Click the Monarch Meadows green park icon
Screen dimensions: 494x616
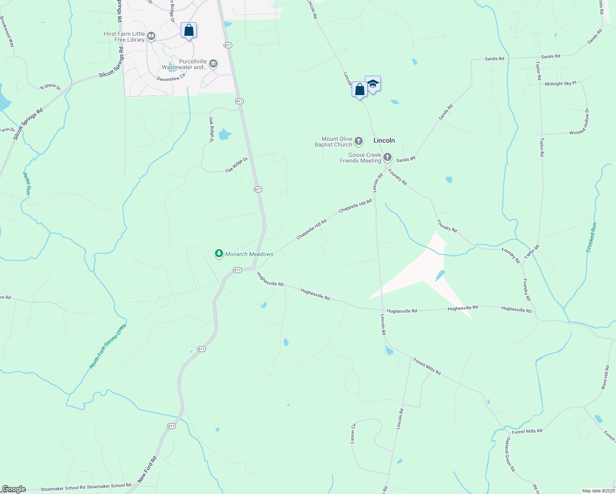coord(219,254)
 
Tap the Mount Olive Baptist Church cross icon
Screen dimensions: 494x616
coord(359,142)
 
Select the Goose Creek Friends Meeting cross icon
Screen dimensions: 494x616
coord(387,157)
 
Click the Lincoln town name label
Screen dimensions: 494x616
coord(384,140)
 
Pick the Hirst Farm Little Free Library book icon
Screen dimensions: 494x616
coord(151,37)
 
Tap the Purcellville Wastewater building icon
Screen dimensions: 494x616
coord(213,63)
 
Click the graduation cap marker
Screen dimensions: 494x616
coord(373,84)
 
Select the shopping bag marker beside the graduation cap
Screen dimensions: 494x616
coord(359,90)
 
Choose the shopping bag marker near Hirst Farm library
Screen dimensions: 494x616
coord(189,30)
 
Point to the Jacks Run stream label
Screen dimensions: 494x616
coord(27,183)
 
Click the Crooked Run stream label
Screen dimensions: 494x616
coord(591,237)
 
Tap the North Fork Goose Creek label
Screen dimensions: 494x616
coord(108,346)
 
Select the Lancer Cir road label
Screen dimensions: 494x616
coord(353,433)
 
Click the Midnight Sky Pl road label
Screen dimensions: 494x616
coord(560,84)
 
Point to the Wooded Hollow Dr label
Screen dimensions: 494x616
coord(579,121)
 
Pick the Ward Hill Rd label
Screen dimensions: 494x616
coord(604,377)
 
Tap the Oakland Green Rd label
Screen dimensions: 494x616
coord(510,454)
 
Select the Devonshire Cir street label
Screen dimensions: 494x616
coord(171,77)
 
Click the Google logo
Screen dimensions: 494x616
coord(14,489)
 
